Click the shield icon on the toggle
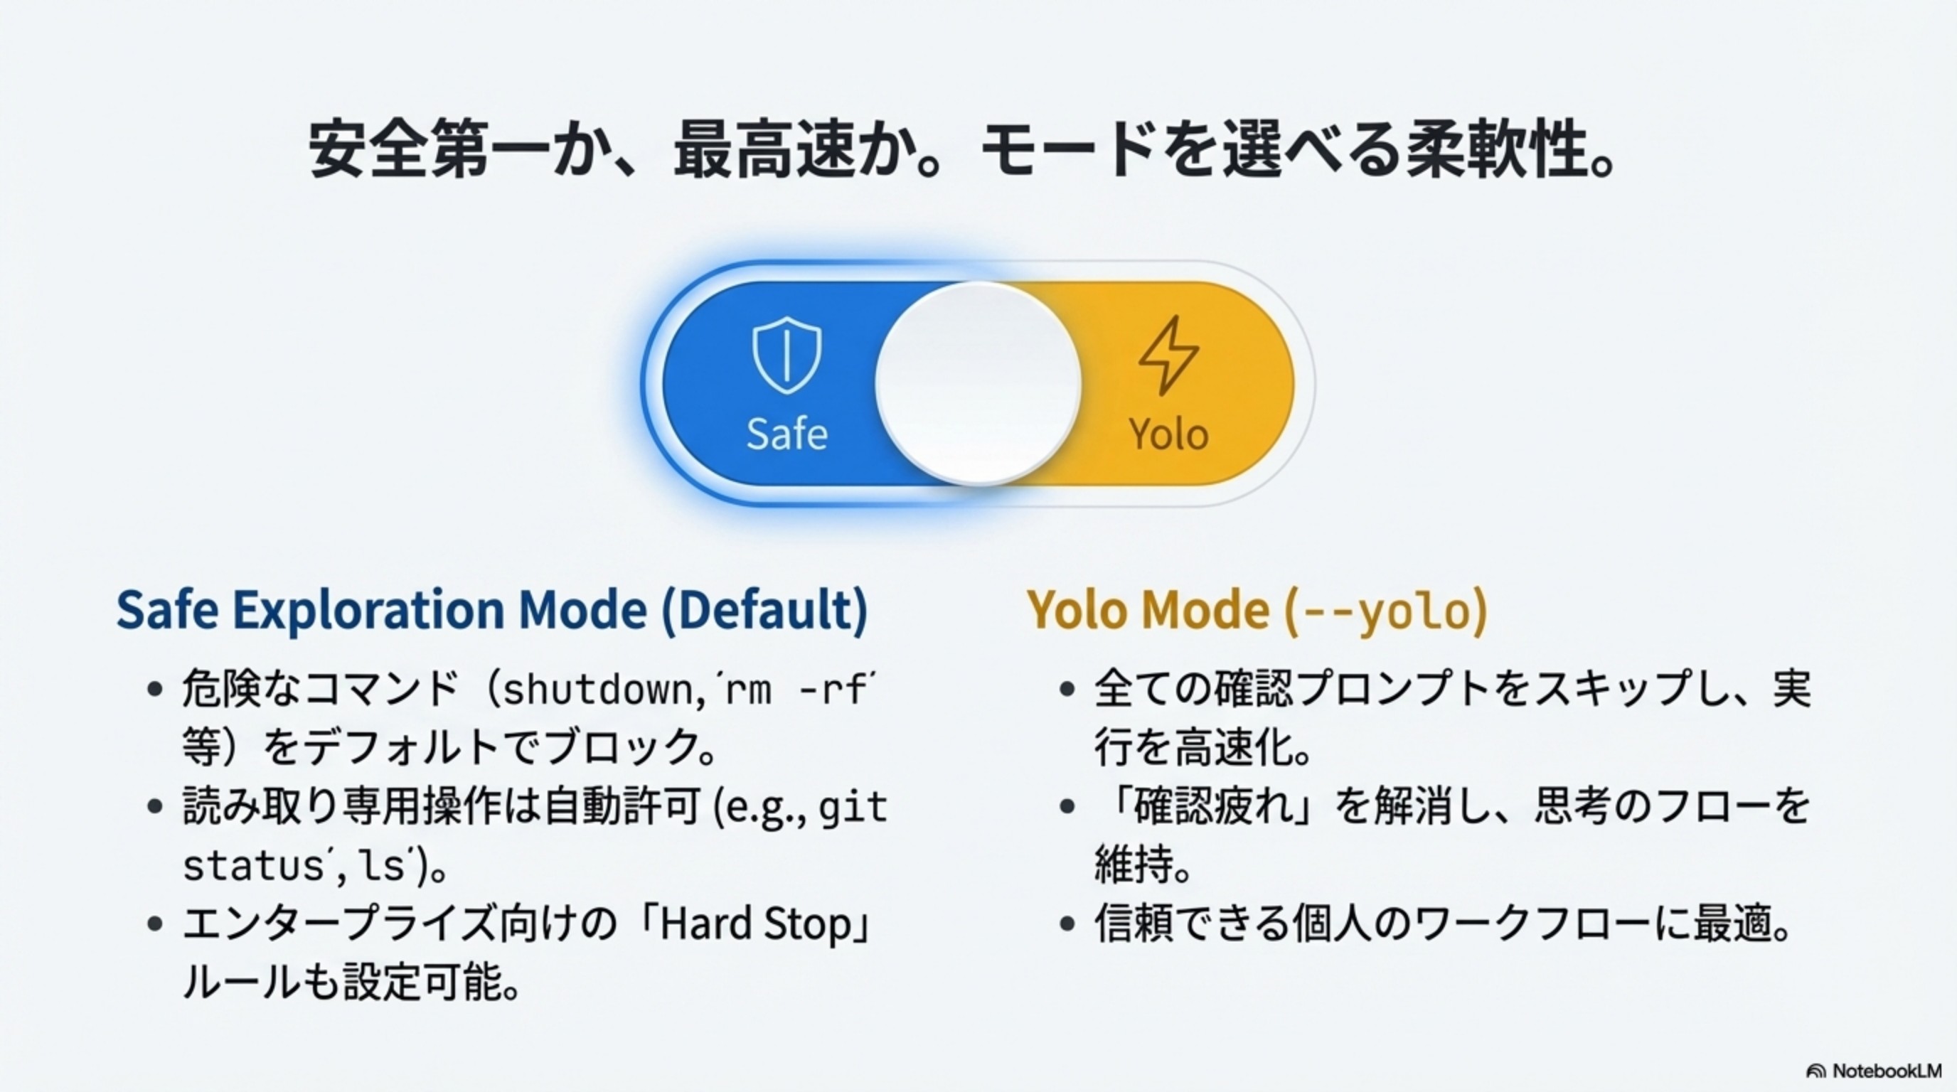[x=786, y=355]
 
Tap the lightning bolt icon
[x=1168, y=355]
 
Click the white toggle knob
[x=978, y=382]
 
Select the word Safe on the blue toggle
[x=786, y=434]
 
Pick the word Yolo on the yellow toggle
[x=1168, y=434]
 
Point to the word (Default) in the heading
[x=764, y=610]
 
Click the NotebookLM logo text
[x=1886, y=1071]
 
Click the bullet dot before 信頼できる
[x=1067, y=924]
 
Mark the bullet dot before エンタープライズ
[x=155, y=924]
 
